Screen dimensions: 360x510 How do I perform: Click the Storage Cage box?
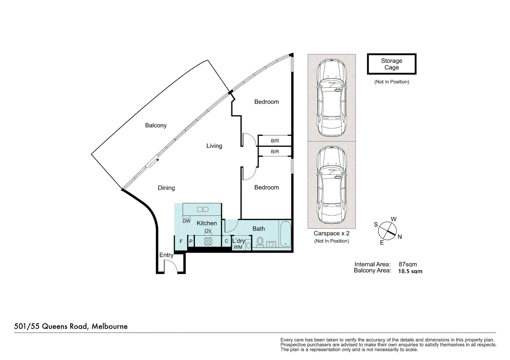click(392, 64)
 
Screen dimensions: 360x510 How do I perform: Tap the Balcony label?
click(156, 125)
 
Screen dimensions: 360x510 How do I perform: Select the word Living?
click(214, 146)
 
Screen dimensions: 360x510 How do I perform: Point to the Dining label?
click(166, 188)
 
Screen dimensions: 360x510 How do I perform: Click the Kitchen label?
click(206, 223)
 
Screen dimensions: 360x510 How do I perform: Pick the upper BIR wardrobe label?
click(275, 141)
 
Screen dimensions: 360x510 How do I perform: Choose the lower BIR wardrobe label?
click(275, 152)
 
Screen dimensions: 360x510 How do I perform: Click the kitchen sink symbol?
click(202, 209)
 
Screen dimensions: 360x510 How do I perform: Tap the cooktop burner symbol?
click(208, 241)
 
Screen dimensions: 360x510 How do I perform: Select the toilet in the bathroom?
click(260, 241)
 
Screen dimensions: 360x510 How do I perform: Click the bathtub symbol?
click(285, 234)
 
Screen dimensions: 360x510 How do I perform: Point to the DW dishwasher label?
click(186, 221)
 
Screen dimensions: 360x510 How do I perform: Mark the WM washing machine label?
click(238, 247)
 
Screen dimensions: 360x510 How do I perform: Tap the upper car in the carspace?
click(332, 97)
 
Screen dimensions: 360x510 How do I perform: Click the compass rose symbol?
click(388, 230)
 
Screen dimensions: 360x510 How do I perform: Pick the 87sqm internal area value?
click(408, 264)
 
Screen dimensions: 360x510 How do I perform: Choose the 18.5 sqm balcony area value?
click(410, 271)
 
